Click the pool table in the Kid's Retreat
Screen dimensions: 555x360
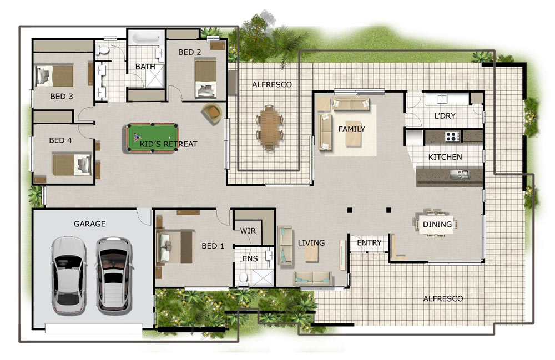(x=152, y=138)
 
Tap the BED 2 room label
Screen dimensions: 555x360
(x=189, y=52)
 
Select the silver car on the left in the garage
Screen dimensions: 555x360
(x=69, y=275)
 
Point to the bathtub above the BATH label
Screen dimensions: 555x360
(x=146, y=38)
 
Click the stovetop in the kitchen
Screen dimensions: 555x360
(x=452, y=136)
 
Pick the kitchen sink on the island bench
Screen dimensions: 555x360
(x=460, y=174)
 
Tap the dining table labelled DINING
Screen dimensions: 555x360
(x=436, y=224)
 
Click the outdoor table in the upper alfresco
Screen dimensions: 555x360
(x=269, y=128)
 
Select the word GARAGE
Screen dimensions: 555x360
(x=89, y=224)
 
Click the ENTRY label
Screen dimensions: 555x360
(x=369, y=242)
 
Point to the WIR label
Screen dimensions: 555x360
(x=248, y=231)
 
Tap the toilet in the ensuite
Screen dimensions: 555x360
(x=244, y=278)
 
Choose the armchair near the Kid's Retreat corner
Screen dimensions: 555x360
(x=212, y=114)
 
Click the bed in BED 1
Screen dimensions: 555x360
(x=176, y=246)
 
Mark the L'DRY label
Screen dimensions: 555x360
(x=445, y=115)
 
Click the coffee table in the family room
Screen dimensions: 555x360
(x=354, y=138)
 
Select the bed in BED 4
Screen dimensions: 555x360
(x=72, y=164)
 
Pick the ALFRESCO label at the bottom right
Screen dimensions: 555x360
(x=443, y=298)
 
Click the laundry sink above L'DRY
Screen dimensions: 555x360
(x=442, y=99)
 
